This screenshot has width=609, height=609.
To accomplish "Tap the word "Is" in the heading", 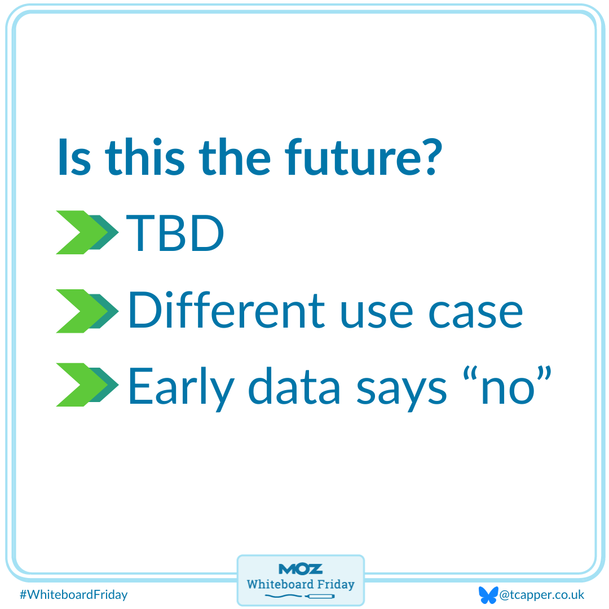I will (x=74, y=157).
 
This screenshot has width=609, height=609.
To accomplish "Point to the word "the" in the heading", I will (x=237, y=157).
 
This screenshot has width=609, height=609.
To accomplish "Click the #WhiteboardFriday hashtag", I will (x=73, y=594).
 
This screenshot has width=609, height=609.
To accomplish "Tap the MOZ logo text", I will (x=301, y=568).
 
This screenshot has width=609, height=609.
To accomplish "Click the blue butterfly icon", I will (x=488, y=594).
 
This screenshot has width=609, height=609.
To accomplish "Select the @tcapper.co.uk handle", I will (x=542, y=594).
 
